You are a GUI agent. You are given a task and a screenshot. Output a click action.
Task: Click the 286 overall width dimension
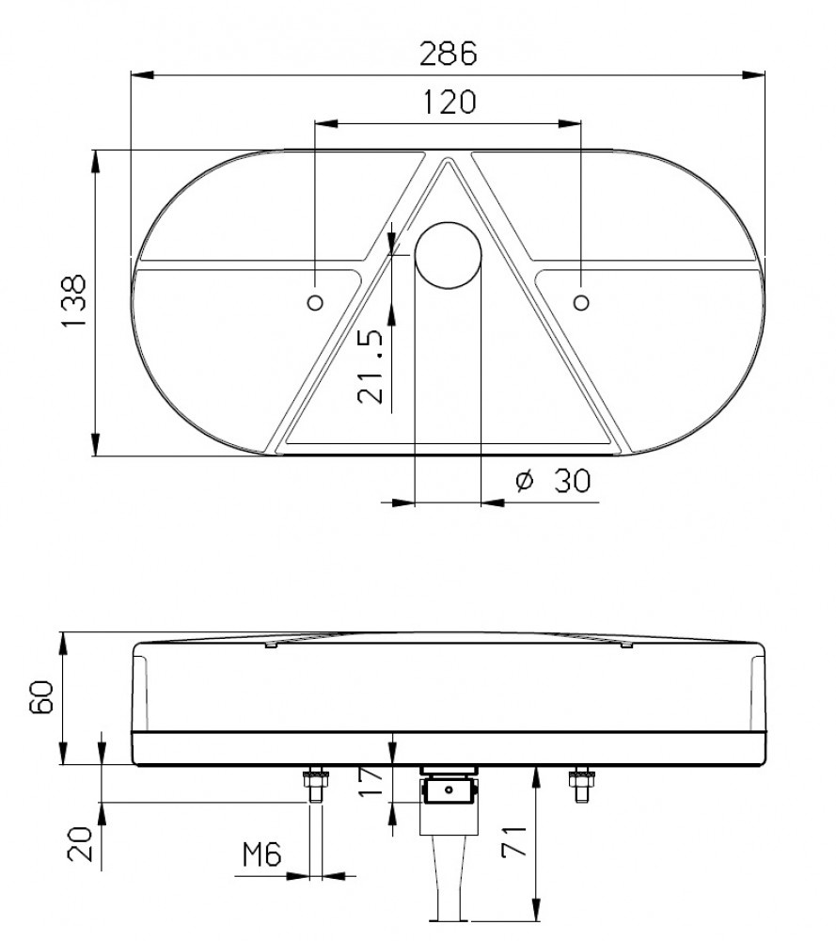click(449, 53)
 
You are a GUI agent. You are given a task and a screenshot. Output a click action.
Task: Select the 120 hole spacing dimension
click(449, 102)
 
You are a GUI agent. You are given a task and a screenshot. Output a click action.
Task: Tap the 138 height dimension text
click(73, 302)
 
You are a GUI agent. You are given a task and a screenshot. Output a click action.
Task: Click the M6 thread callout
click(261, 854)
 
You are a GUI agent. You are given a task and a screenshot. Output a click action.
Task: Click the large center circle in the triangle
click(448, 255)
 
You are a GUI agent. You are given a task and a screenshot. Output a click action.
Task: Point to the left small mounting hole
click(315, 302)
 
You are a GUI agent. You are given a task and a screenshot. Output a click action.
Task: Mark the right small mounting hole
click(582, 302)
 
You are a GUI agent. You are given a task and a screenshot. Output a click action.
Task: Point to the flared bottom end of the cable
click(449, 908)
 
